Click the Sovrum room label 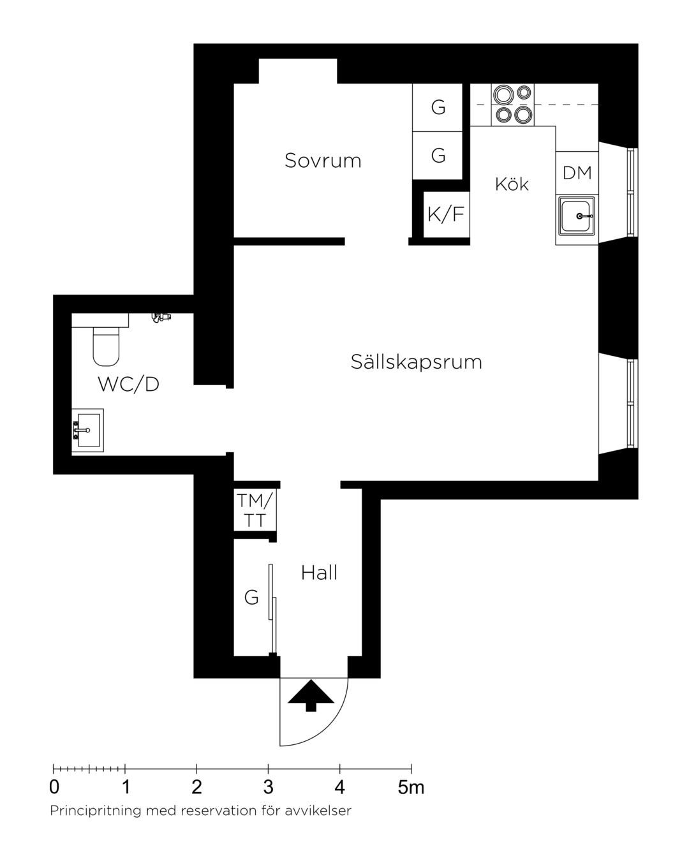click(x=323, y=161)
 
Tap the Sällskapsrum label click(x=416, y=362)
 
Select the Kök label click(x=512, y=184)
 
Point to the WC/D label click(x=128, y=384)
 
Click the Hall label click(x=319, y=573)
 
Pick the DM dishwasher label click(x=577, y=173)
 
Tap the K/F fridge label click(x=445, y=214)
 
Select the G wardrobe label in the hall click(x=251, y=598)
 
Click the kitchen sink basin click(x=575, y=216)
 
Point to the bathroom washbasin click(x=88, y=430)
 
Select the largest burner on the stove click(x=503, y=95)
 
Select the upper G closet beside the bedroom click(x=438, y=107)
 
